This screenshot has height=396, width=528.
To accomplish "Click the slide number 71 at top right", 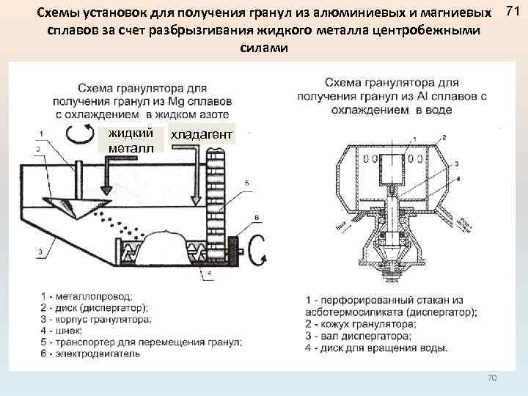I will tap(513, 12).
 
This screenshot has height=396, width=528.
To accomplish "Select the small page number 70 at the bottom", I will tap(492, 378).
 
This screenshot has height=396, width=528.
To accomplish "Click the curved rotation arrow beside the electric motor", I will tap(257, 254).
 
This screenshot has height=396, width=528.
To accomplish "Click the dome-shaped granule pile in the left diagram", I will tap(169, 246).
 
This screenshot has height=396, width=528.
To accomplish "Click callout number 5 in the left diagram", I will tap(246, 182).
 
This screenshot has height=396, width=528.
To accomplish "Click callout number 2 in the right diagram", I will tap(444, 137).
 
